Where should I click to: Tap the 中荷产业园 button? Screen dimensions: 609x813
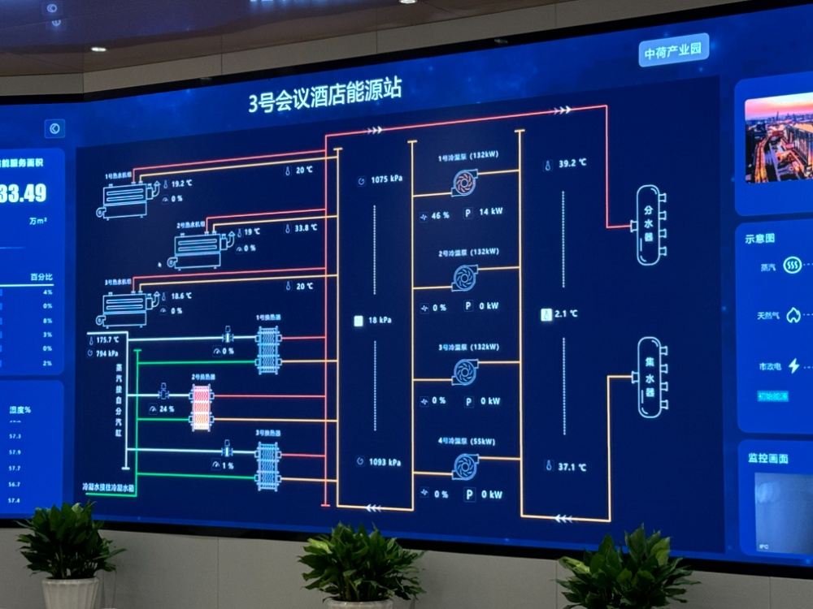click(674, 50)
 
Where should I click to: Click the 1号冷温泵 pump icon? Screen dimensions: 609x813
click(465, 183)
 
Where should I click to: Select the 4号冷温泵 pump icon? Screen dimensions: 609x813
click(466, 466)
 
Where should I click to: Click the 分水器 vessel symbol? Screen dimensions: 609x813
click(649, 224)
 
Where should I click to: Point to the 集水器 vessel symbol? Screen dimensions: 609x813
click(649, 377)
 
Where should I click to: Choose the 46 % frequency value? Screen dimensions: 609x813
click(440, 216)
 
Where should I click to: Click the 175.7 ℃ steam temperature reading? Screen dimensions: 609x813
click(107, 339)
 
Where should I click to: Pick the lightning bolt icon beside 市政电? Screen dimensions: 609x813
click(793, 366)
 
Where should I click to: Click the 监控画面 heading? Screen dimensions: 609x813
click(767, 459)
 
